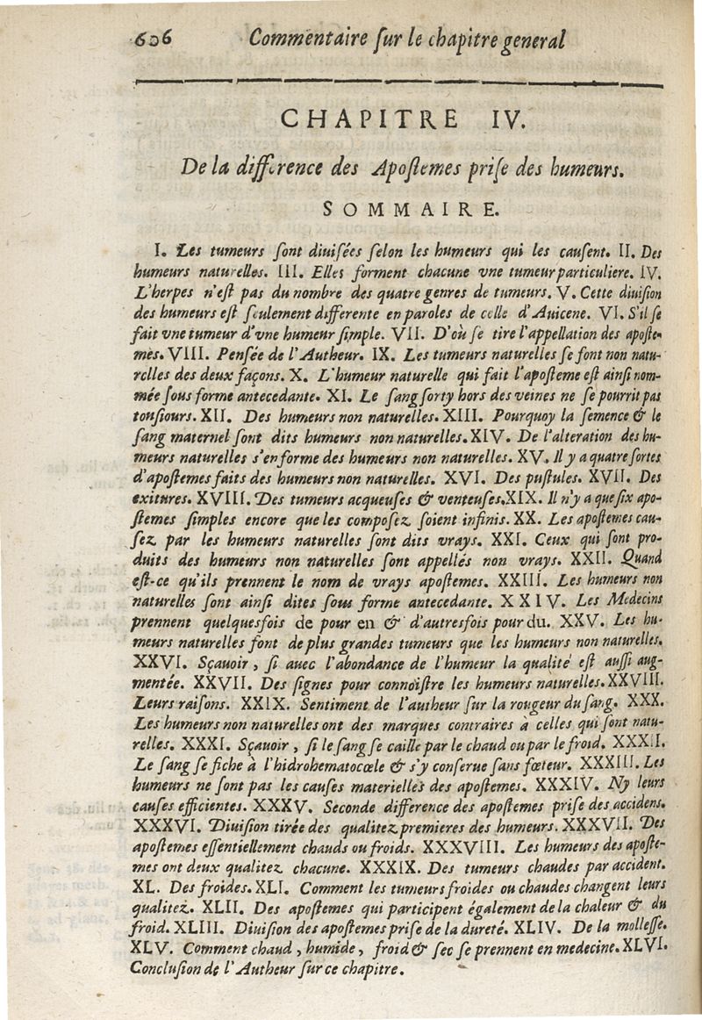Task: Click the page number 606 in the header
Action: point(149,40)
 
